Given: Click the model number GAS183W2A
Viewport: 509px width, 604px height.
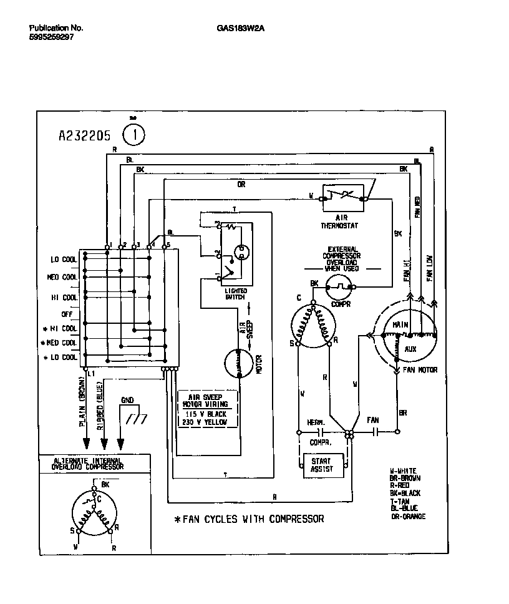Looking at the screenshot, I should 236,27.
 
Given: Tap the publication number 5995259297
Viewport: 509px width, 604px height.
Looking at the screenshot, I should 51,37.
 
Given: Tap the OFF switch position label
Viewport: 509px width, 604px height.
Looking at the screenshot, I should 67,314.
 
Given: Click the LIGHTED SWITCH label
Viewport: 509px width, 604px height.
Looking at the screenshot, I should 235,293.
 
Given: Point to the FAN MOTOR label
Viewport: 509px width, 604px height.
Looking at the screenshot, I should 420,370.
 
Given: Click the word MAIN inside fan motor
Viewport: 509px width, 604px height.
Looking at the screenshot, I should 400,325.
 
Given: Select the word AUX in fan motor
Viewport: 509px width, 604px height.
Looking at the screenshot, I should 410,349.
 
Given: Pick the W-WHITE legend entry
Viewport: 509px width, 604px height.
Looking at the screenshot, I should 404,470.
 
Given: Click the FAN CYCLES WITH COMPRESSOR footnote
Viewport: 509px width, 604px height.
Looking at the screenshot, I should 250,519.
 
